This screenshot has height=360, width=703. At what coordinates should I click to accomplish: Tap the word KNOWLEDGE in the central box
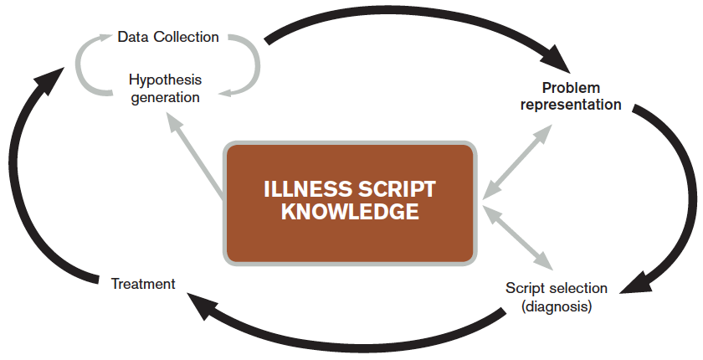point(350,213)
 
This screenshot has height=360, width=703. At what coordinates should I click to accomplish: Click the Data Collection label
point(168,37)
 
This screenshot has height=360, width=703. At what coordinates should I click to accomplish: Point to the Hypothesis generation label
point(165,89)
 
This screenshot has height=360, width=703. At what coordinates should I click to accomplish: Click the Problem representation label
point(571,96)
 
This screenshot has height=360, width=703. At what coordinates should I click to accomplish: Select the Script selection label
point(557,288)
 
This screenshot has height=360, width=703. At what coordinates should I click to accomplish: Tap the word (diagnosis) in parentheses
point(557,306)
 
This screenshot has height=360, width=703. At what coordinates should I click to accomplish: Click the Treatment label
point(143,284)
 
